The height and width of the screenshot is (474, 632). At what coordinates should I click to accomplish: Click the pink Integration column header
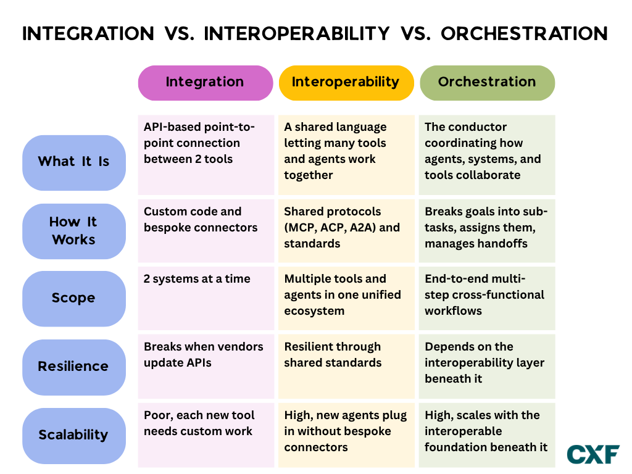point(206,83)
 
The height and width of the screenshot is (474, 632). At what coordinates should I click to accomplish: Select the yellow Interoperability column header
point(346,83)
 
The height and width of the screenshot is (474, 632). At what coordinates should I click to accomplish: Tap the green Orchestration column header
point(488,83)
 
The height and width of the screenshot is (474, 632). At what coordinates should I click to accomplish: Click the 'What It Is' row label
point(74,162)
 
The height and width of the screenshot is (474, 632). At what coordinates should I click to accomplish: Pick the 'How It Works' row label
point(74,231)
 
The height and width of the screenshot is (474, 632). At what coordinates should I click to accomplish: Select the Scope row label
point(74,299)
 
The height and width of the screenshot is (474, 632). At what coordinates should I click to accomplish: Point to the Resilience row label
point(74,367)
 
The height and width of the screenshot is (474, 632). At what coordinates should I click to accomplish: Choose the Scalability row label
point(74,436)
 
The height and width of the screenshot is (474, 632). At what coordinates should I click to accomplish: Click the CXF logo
point(593,454)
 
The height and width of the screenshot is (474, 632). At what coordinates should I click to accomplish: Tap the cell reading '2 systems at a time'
point(206,298)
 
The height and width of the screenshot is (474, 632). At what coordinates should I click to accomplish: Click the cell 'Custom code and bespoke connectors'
point(206,231)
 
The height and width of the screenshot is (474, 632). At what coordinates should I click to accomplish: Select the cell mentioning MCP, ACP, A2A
point(346,231)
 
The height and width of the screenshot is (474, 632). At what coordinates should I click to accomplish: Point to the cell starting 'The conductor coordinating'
point(487,155)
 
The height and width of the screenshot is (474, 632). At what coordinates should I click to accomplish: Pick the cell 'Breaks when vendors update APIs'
point(206,367)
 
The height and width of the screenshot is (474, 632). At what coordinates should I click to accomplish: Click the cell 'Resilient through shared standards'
point(346,367)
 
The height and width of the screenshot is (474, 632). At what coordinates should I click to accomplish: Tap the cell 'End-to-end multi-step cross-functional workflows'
point(487,298)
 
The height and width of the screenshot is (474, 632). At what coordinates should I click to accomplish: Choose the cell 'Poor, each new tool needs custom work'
point(206,435)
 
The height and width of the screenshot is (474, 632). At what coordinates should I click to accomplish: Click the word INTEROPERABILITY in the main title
point(297,33)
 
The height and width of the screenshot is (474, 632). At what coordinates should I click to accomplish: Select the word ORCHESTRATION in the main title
point(525,33)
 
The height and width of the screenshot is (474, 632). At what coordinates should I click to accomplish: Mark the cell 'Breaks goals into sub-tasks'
point(487,231)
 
